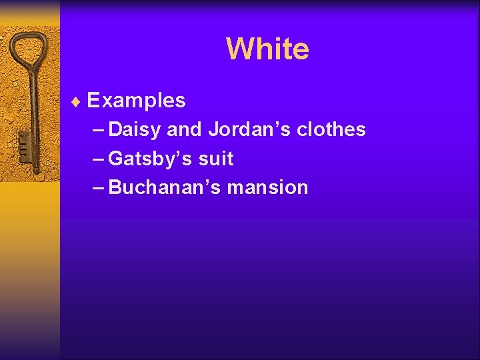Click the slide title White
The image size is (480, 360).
tap(267, 49)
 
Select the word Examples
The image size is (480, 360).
tap(136, 101)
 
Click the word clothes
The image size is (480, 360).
tap(331, 129)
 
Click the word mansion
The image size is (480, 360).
tap(267, 187)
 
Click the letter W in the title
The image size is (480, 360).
tap(238, 49)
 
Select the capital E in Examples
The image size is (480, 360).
tap(93, 101)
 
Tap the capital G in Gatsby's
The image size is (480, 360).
tap(115, 159)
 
